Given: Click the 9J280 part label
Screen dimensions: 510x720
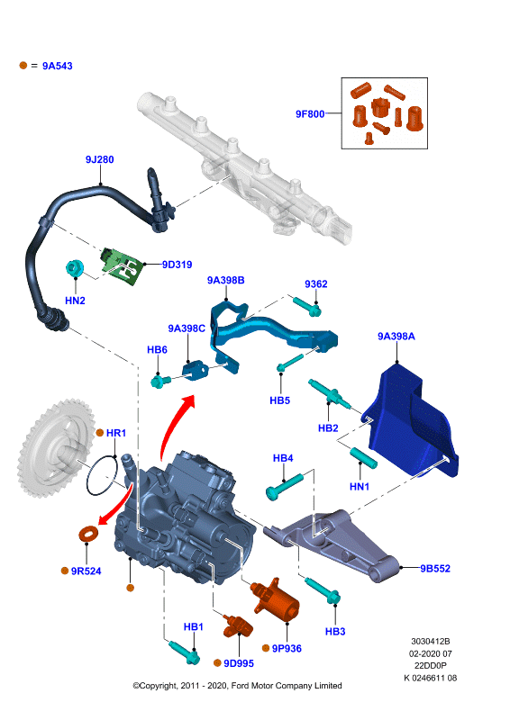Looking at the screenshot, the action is pyautogui.click(x=99, y=159).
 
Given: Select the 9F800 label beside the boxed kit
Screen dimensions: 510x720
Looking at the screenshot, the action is pyautogui.click(x=309, y=114).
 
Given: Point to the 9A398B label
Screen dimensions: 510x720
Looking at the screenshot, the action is pyautogui.click(x=225, y=280).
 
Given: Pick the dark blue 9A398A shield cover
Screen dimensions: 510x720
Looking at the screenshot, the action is pyautogui.click(x=411, y=422).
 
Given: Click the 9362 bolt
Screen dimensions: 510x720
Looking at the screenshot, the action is pyautogui.click(x=306, y=306).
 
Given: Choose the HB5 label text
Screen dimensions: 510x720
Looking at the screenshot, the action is pyautogui.click(x=279, y=400).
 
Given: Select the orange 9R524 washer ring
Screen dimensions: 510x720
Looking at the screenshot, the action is pyautogui.click(x=87, y=534).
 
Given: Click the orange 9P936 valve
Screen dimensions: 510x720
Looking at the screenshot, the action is pyautogui.click(x=275, y=599).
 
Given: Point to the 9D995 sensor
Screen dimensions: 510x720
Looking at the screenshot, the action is pyautogui.click(x=238, y=625).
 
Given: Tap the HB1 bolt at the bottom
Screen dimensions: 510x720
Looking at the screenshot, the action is pyautogui.click(x=184, y=652).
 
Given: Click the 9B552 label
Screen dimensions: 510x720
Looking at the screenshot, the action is pyautogui.click(x=435, y=568).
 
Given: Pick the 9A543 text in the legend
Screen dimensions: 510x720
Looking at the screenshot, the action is pyautogui.click(x=58, y=66).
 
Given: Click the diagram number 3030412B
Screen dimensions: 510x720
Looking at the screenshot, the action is pyautogui.click(x=431, y=641).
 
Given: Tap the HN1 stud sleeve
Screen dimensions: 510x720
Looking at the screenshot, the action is pyautogui.click(x=363, y=458).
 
